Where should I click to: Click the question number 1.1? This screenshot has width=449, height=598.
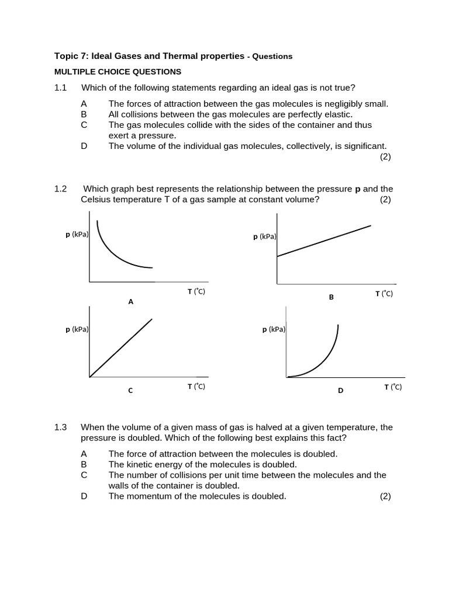[61, 88]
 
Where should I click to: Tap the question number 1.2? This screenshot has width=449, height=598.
[61, 189]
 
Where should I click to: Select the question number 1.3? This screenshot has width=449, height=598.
[61, 427]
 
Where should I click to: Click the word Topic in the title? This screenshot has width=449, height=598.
[66, 56]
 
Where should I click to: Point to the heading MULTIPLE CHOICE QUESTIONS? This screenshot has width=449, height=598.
[118, 72]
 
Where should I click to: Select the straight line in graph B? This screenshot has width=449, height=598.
[323, 241]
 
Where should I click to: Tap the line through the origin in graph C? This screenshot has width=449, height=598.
[121, 347]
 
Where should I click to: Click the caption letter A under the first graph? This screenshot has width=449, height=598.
[130, 302]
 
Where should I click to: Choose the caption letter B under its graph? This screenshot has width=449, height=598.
[331, 297]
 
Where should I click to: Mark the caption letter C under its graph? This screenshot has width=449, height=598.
[130, 391]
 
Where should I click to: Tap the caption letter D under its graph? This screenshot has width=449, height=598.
[340, 391]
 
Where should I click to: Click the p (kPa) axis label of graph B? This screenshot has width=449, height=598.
[264, 237]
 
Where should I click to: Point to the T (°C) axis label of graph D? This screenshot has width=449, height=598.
[393, 387]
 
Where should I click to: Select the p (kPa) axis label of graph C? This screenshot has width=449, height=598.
[77, 329]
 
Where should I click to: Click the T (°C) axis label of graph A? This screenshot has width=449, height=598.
[196, 291]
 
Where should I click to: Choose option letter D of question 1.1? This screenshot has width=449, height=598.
[84, 146]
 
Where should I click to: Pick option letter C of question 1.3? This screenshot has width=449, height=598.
[84, 475]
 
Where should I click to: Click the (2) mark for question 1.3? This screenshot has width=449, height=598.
[385, 496]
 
